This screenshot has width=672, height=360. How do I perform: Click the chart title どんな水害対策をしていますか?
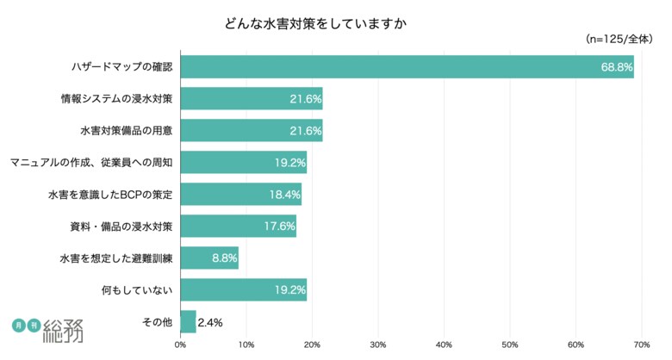314,22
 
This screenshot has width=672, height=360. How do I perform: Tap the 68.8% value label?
617,67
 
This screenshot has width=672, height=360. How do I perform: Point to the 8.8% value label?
224,258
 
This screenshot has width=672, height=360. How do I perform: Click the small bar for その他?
188,322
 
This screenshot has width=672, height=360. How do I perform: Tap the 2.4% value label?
210,323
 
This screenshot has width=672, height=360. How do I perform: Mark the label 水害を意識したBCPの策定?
110,195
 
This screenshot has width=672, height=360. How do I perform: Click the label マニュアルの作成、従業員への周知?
91,163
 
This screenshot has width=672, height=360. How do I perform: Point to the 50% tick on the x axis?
509,345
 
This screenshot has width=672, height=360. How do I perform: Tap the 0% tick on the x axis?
180,345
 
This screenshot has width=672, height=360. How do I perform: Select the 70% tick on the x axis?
641,345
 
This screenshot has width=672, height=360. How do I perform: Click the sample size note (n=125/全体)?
619,39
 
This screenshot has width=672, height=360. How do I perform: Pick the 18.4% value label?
284,195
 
